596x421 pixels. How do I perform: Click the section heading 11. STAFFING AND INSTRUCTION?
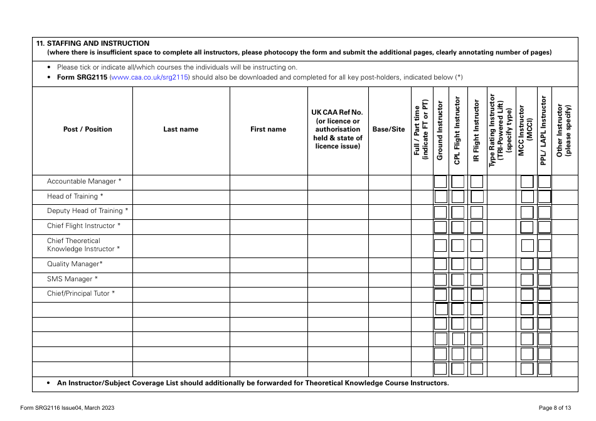click(x=93, y=43)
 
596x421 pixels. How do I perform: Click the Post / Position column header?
click(x=87, y=130)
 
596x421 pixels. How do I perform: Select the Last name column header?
click(x=181, y=130)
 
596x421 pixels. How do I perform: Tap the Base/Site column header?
click(x=389, y=130)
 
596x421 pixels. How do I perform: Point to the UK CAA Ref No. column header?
click(x=338, y=130)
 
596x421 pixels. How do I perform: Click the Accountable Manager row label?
click(x=84, y=182)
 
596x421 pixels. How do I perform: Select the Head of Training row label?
click(x=75, y=197)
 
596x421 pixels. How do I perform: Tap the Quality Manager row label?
click(x=75, y=264)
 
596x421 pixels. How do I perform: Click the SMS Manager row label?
click(x=72, y=279)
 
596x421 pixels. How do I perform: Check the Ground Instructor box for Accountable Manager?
click(x=440, y=182)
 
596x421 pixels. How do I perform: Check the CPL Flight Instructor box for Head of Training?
click(x=458, y=197)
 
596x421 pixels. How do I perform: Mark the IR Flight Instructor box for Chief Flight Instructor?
click(x=477, y=227)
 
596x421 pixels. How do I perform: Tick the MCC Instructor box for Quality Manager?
click(x=527, y=264)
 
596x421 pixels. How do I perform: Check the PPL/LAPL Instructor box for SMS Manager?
click(x=545, y=279)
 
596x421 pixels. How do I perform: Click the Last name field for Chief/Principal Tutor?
click(x=181, y=294)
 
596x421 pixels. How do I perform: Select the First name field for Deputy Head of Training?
click(x=268, y=212)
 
